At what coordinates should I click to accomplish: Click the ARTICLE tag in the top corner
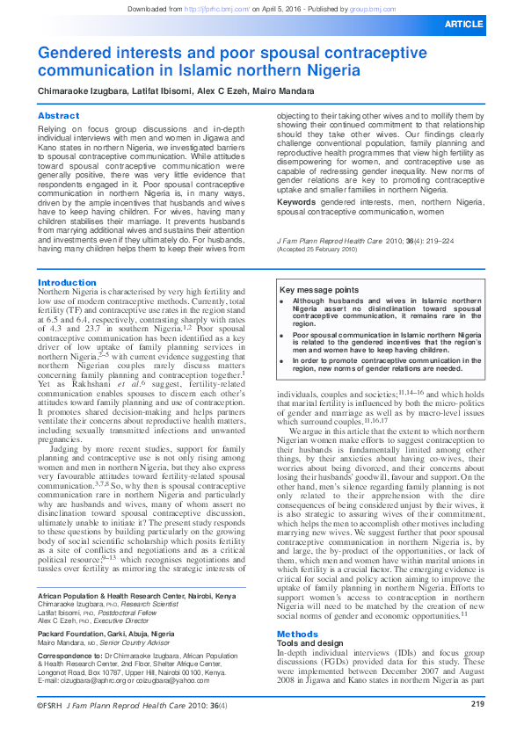[x=488, y=24]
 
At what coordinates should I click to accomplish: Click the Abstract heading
[x=58, y=116]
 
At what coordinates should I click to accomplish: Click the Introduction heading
[x=67, y=283]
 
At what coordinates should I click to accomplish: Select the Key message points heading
[x=318, y=290]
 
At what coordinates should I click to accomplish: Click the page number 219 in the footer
[x=477, y=728]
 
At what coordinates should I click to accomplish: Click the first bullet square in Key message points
[x=280, y=301]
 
